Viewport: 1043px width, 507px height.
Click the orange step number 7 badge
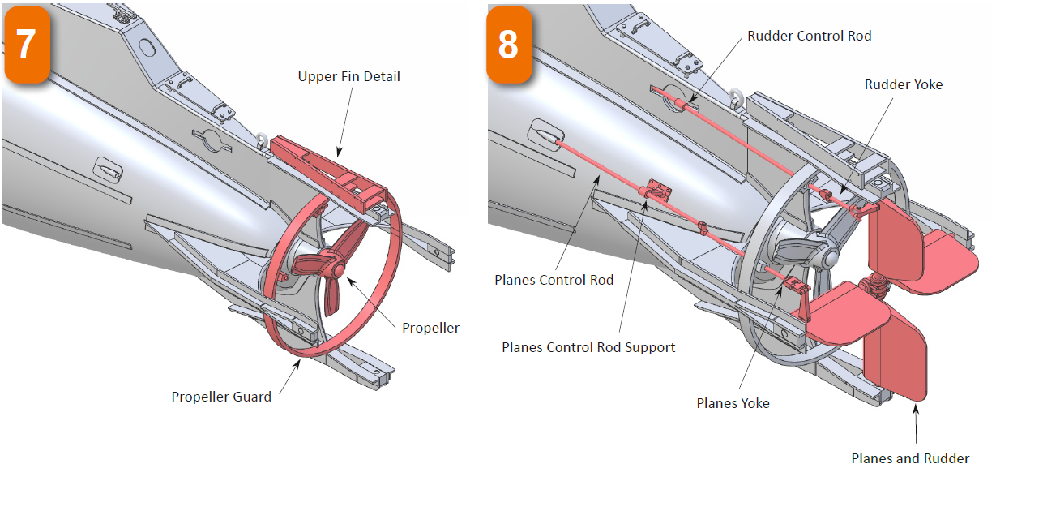(x=27, y=44)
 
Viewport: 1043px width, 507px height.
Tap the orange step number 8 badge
(x=509, y=44)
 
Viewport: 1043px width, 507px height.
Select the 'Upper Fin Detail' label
(x=348, y=77)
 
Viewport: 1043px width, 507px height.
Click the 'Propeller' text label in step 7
(x=430, y=328)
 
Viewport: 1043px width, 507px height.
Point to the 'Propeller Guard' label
(x=221, y=397)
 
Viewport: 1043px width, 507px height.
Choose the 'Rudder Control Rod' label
(x=809, y=36)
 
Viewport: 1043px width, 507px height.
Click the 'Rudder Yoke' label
(x=904, y=84)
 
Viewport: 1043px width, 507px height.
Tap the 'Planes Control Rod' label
(x=554, y=280)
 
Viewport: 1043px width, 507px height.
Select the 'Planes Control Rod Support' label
(x=588, y=347)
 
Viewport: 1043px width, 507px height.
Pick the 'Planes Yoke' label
(x=733, y=403)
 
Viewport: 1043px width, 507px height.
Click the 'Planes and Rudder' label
(x=910, y=458)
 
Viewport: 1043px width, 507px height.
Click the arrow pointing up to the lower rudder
(x=917, y=418)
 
